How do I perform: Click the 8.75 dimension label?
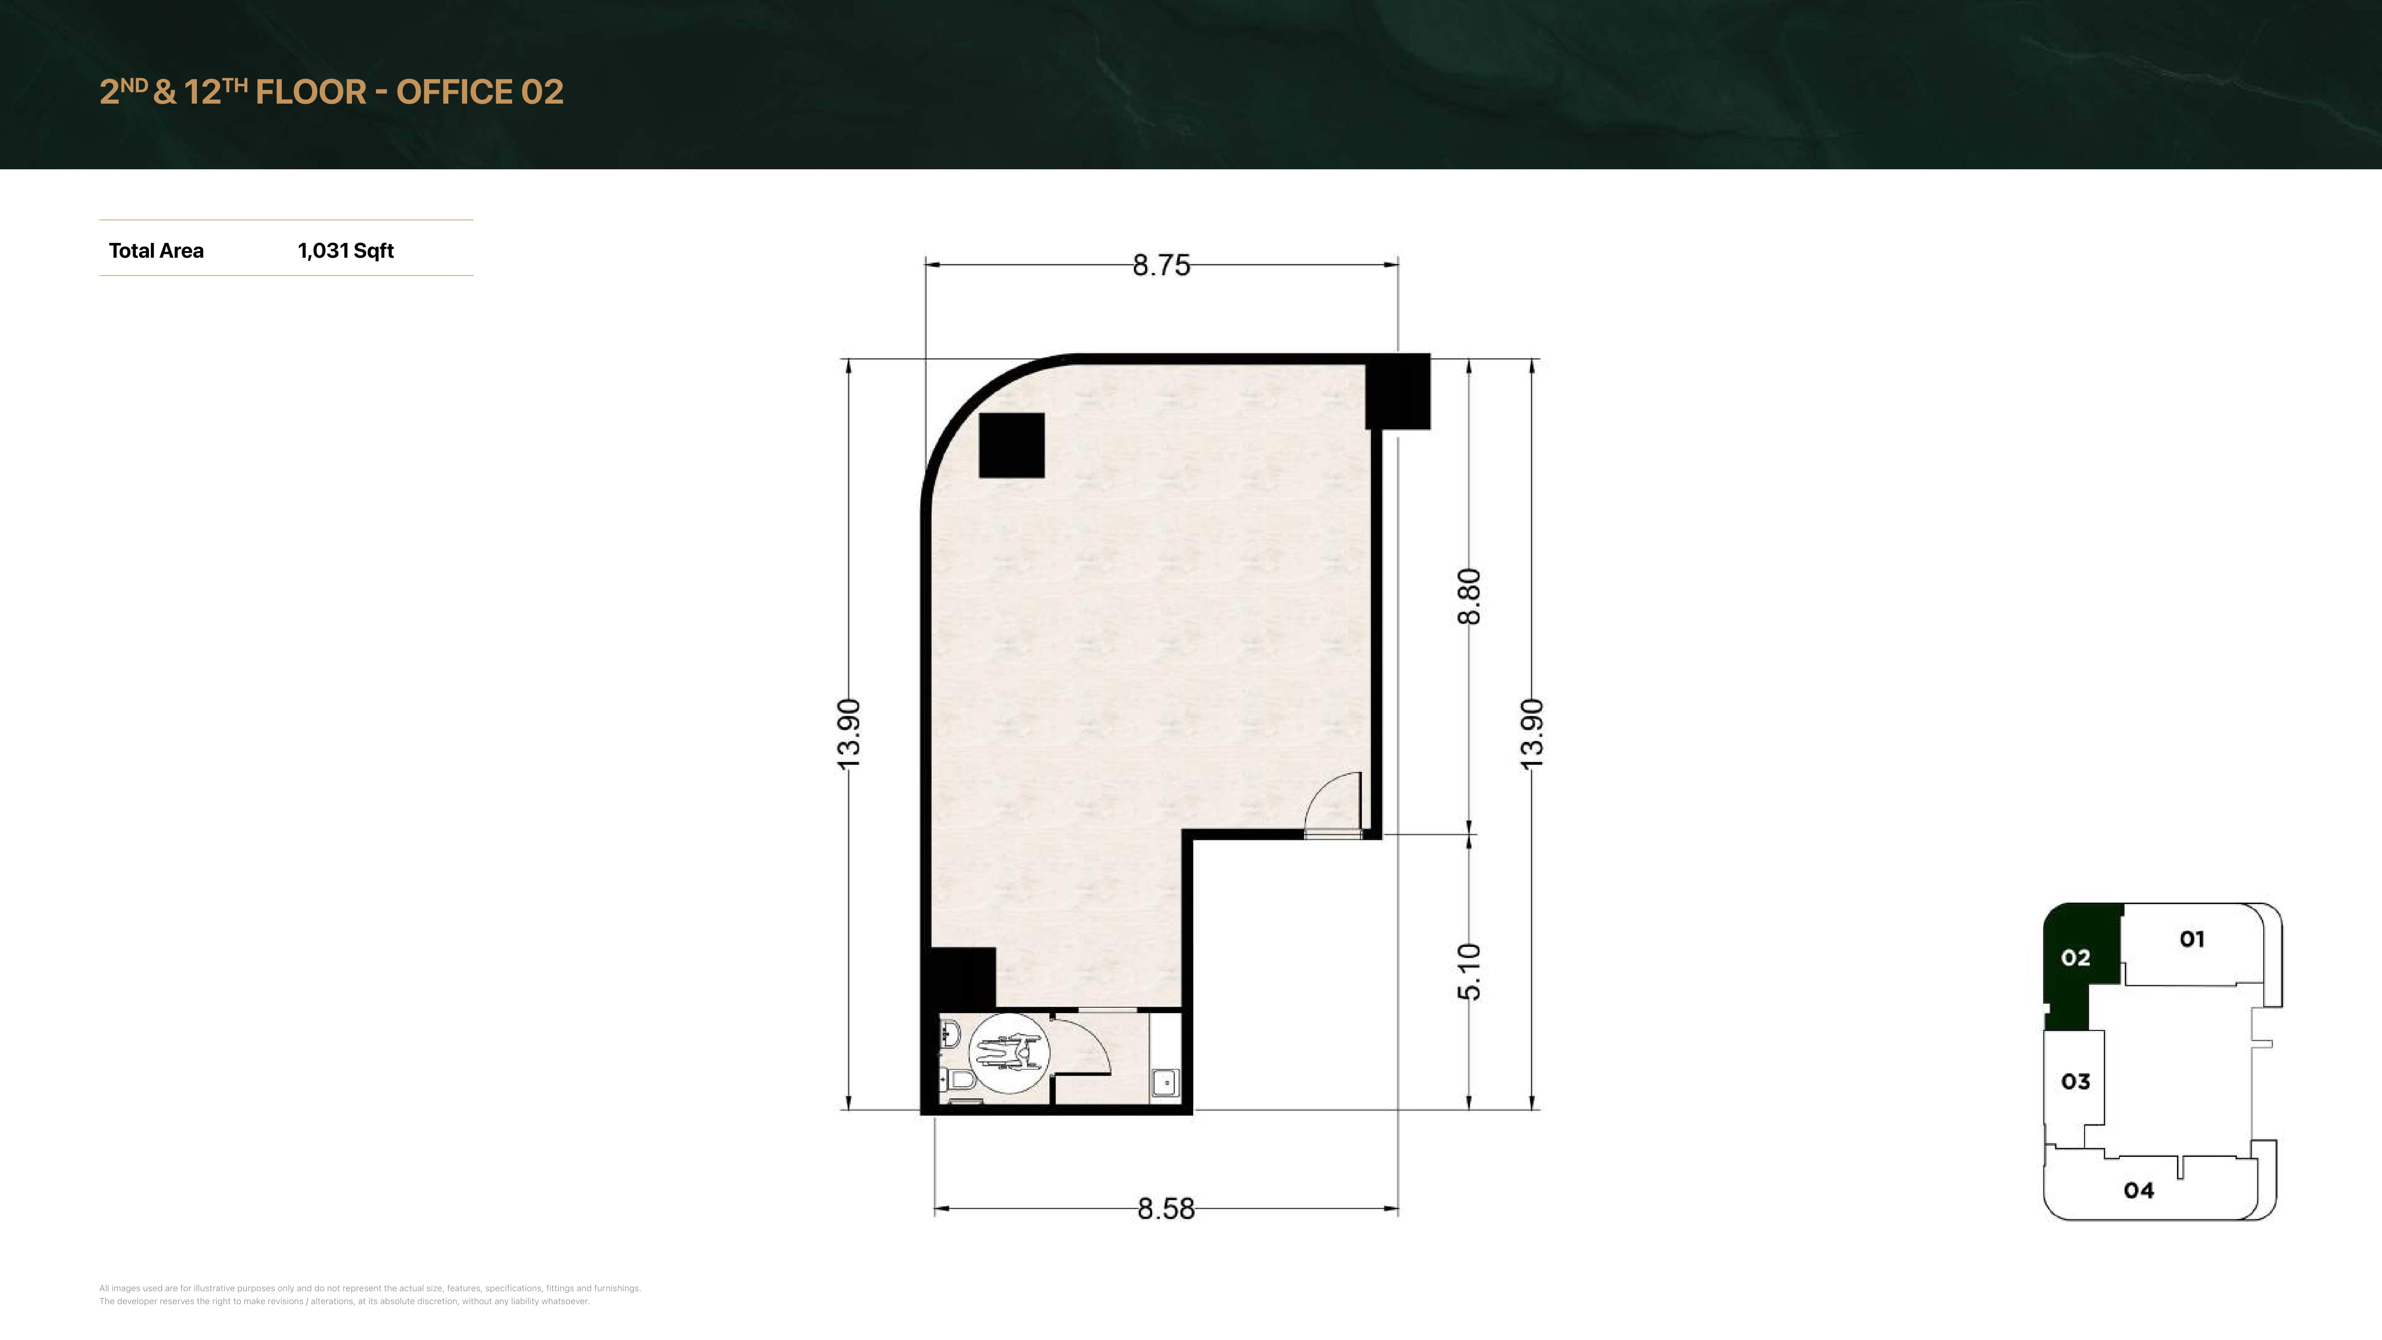[x=1162, y=265]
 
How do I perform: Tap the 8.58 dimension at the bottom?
[x=1166, y=1209]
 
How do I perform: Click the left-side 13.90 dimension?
[x=848, y=733]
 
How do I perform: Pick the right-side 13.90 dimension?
[x=1531, y=733]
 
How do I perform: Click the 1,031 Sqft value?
[x=346, y=251]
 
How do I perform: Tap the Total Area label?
[x=156, y=251]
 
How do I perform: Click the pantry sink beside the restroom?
[x=1166, y=1081]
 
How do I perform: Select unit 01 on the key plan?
[x=2191, y=940]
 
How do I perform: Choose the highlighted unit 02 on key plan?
[x=2076, y=958]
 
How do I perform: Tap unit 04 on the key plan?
[x=2139, y=1190]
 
